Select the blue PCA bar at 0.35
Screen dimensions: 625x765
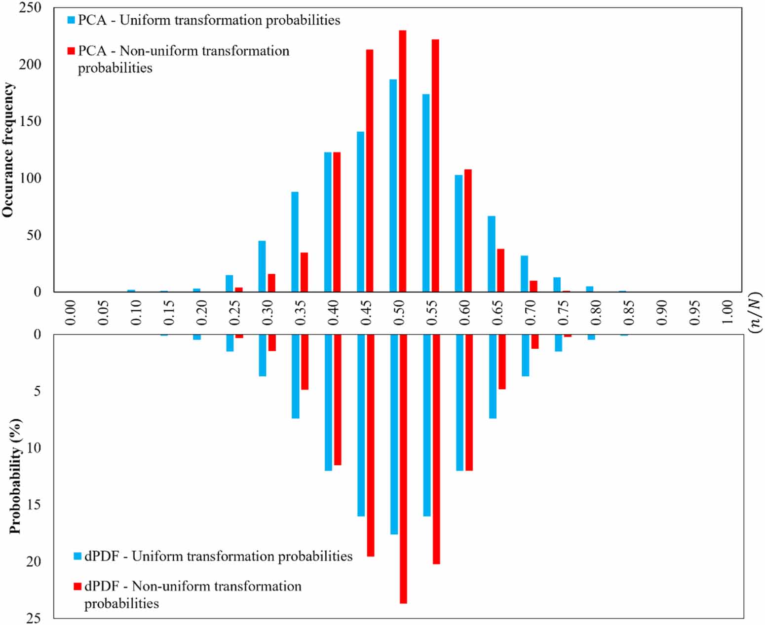click(295, 242)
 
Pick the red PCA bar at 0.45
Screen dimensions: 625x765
click(369, 171)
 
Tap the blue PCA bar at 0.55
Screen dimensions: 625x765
click(426, 193)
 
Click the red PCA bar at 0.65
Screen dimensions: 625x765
click(500, 270)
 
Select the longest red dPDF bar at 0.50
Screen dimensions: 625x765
click(403, 469)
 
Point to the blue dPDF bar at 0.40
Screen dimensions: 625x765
click(328, 403)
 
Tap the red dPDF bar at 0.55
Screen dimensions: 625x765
click(436, 449)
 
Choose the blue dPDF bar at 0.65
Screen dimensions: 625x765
click(493, 376)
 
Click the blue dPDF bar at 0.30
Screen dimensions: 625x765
click(263, 355)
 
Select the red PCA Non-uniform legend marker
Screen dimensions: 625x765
click(71, 51)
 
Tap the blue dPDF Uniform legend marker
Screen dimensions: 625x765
click(77, 556)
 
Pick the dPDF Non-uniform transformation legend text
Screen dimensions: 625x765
click(192, 594)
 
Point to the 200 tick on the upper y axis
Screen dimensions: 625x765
click(31, 65)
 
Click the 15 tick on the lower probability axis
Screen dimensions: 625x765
click(33, 505)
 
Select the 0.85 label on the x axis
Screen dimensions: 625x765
click(629, 312)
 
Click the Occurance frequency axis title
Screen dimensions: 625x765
click(8, 150)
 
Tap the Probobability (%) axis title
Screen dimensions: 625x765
click(15, 476)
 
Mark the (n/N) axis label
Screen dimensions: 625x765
click(755, 312)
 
